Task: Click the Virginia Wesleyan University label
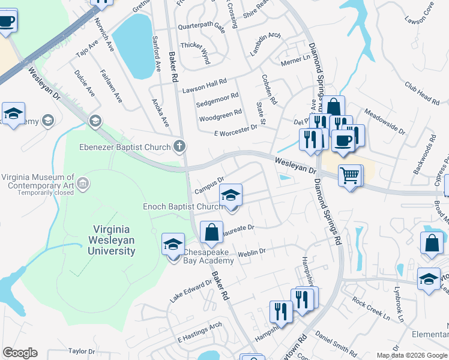[114, 240]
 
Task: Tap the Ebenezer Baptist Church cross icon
[179, 146]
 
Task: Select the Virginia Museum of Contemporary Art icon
[83, 182]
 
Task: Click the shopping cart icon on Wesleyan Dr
[350, 176]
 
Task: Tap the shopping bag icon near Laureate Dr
[211, 233]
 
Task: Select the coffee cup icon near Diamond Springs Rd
[343, 141]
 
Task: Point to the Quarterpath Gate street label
[201, 28]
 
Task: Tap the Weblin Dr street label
[252, 252]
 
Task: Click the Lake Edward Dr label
[191, 290]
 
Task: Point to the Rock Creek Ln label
[371, 308]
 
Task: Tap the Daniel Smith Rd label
[336, 340]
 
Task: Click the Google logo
[20, 353]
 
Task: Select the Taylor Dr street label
[82, 351]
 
